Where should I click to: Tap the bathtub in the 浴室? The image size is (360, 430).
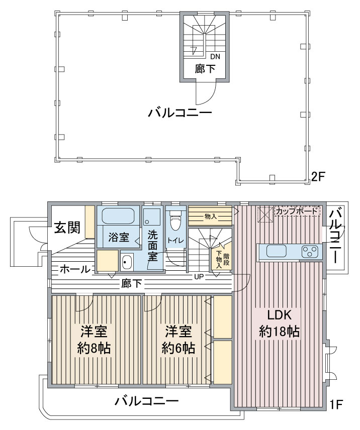pyautogui.click(x=118, y=216)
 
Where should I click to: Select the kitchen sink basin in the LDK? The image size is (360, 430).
pyautogui.click(x=277, y=251)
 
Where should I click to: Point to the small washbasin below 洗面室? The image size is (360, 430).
pyautogui.click(x=127, y=262)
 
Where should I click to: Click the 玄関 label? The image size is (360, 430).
pyautogui.click(x=67, y=228)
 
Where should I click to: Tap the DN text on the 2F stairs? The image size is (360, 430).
pyautogui.click(x=215, y=56)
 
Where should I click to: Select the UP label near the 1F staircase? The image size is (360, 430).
pyautogui.click(x=199, y=277)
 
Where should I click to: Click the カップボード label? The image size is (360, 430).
pyautogui.click(x=296, y=211)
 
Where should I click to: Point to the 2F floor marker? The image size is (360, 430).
pyautogui.click(x=318, y=176)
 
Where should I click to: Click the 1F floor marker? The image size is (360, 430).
pyautogui.click(x=336, y=404)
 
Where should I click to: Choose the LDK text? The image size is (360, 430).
pyautogui.click(x=279, y=315)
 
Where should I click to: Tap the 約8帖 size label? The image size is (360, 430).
pyautogui.click(x=94, y=348)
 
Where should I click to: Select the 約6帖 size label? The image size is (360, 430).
pyautogui.click(x=178, y=348)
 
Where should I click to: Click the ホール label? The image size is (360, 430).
pyautogui.click(x=75, y=269)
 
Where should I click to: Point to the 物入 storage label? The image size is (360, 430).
pyautogui.click(x=211, y=217)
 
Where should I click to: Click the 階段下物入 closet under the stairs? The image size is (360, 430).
pyautogui.click(x=222, y=257)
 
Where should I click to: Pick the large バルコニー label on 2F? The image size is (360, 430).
pyautogui.click(x=180, y=113)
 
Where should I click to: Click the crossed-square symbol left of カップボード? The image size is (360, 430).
pyautogui.click(x=265, y=213)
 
